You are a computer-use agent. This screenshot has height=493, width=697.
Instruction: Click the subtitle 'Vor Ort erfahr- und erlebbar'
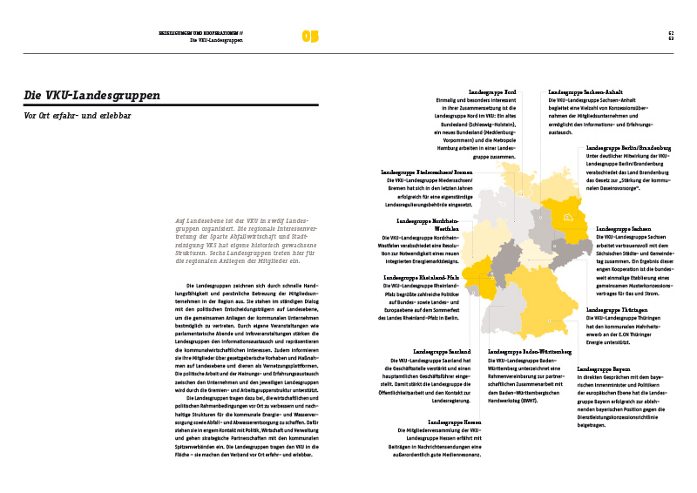pos(78,116)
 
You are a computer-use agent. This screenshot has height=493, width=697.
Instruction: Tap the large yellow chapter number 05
pos(311,37)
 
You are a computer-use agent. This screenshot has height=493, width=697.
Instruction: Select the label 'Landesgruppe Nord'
pos(493,91)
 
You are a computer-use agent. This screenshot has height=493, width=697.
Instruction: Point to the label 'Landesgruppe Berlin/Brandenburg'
pos(627,149)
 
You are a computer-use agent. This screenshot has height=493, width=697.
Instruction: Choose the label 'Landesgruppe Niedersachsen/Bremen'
pos(427,172)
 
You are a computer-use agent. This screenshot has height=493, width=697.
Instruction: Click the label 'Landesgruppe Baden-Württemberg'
pos(530,352)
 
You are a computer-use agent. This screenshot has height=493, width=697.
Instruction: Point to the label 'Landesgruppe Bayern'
pos(609,369)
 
